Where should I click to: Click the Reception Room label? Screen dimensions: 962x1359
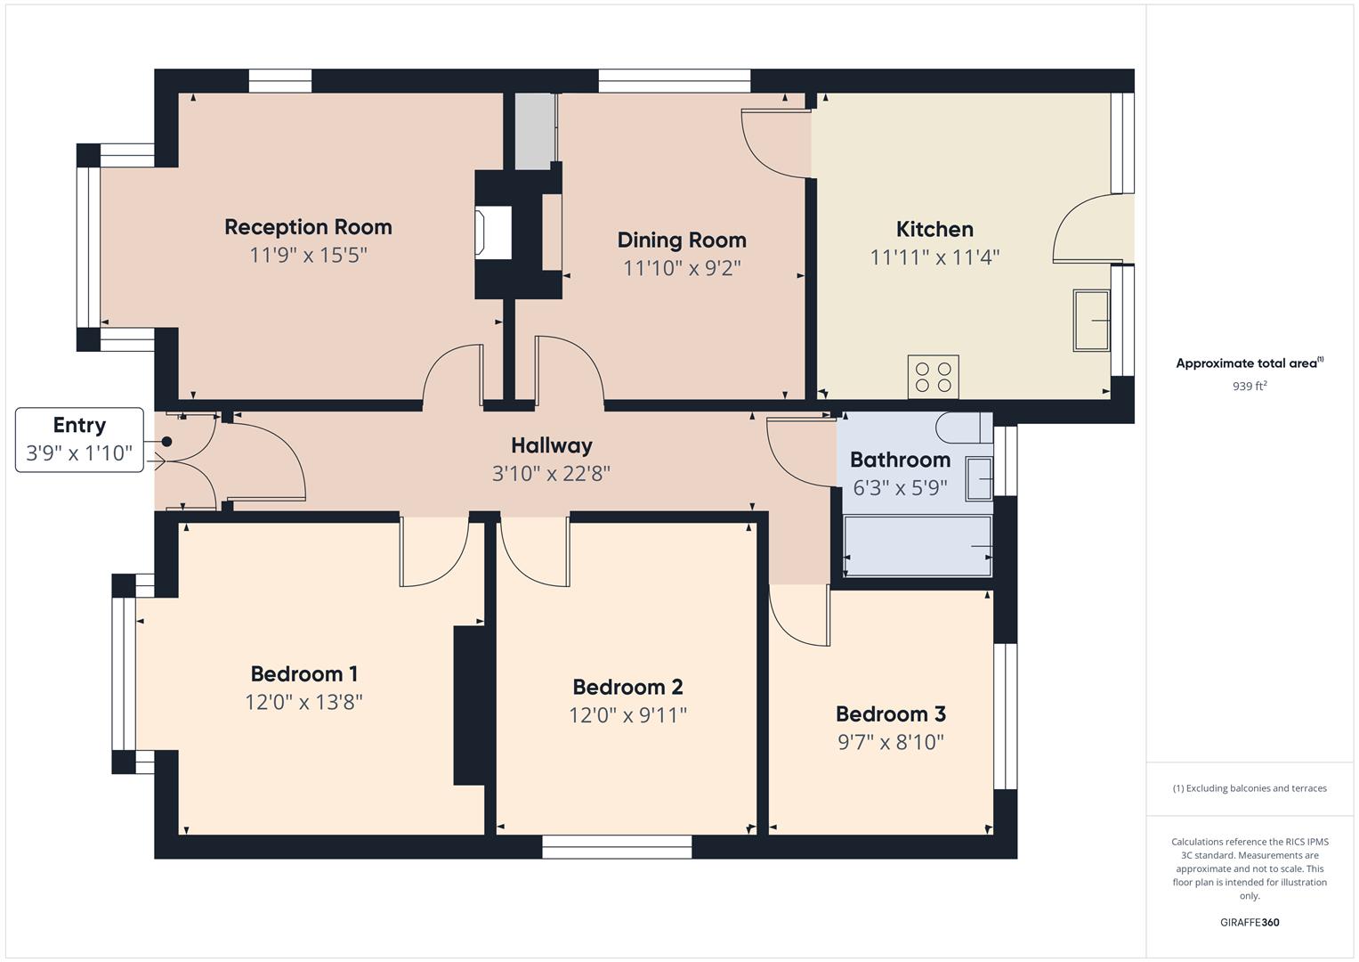308,227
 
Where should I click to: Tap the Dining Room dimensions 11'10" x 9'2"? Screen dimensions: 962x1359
682,268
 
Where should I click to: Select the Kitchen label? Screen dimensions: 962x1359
934,229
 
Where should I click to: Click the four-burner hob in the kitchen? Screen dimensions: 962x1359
933,377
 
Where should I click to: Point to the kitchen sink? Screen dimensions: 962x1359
1092,320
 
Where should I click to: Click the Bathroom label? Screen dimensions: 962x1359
900,460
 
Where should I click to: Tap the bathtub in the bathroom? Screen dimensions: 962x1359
918,546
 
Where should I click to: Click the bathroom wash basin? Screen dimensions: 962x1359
979,480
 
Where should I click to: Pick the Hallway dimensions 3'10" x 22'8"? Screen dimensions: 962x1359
551,473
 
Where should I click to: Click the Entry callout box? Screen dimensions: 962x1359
79,439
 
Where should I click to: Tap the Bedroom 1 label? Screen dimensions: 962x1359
303,673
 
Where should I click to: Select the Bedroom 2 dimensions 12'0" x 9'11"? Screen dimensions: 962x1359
627,715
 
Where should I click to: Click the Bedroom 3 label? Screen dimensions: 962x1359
890,713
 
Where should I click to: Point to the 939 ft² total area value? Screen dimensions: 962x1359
1249,387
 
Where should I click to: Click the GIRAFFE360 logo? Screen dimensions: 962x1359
1249,922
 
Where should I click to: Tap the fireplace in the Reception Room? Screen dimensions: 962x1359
494,233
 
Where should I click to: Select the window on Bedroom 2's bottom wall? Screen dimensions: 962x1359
617,847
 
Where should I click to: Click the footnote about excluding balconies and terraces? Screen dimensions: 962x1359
1249,788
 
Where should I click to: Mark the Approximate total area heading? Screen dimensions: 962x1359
1249,363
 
